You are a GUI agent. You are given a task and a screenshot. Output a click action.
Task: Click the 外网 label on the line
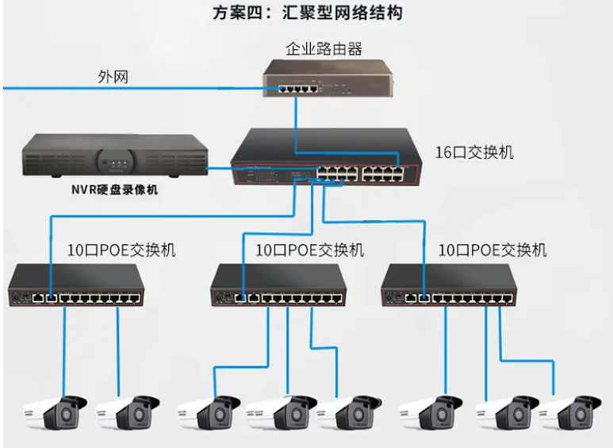point(113,77)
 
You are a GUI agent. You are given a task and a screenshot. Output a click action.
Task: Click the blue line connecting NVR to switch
point(222,168)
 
